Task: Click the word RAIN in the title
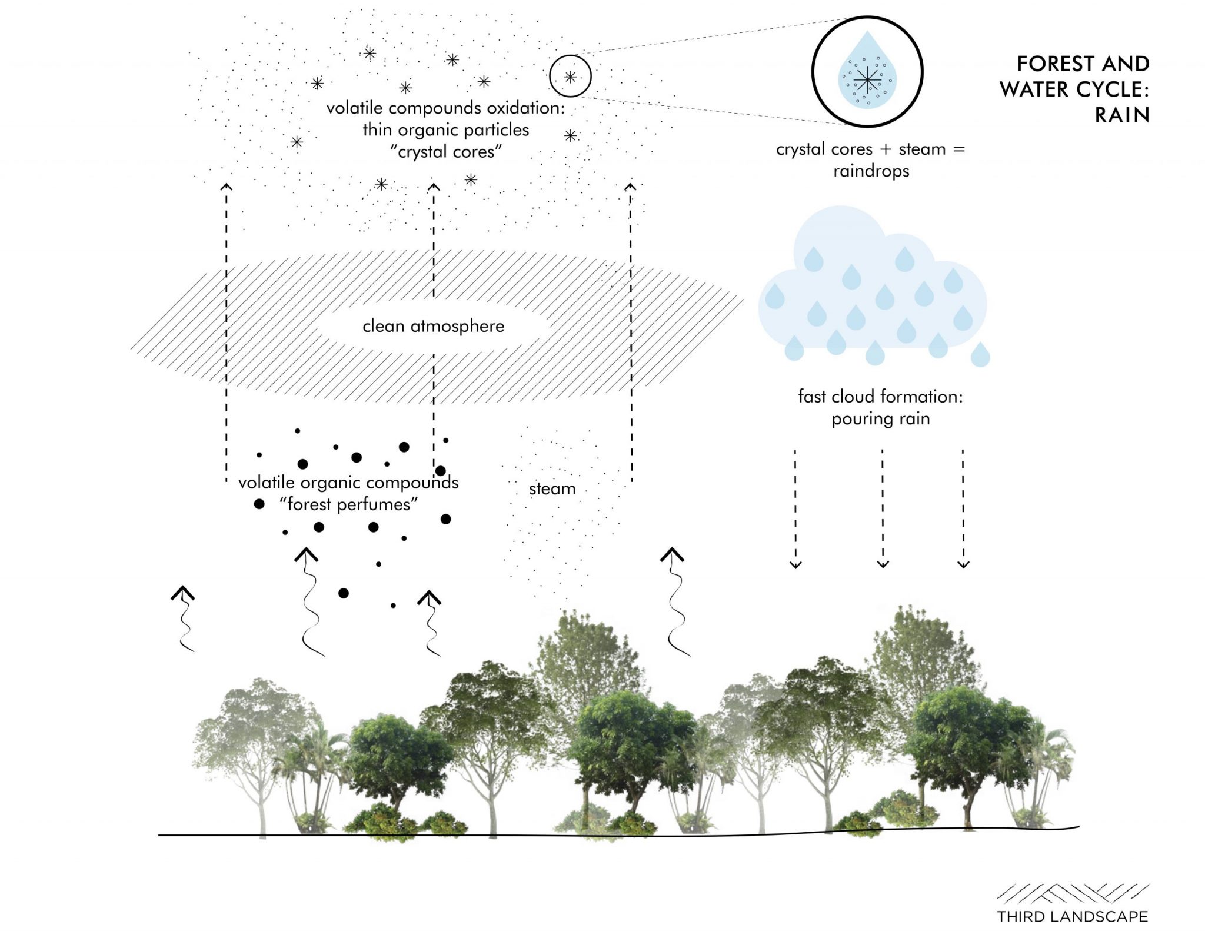pyautogui.click(x=1121, y=115)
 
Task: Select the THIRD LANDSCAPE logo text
pyautogui.click(x=1072, y=916)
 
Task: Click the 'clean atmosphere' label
pyautogui.click(x=433, y=326)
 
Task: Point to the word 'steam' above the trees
pyautogui.click(x=552, y=488)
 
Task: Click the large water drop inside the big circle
pyautogui.click(x=867, y=73)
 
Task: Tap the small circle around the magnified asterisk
pyautogui.click(x=570, y=76)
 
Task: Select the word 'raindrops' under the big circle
pyautogui.click(x=871, y=171)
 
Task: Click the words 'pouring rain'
pyautogui.click(x=880, y=419)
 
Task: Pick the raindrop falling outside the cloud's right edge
pyautogui.click(x=980, y=355)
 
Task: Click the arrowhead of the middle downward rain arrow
pyautogui.click(x=883, y=564)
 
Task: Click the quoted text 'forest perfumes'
pyautogui.click(x=349, y=504)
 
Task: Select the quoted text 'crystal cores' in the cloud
pyautogui.click(x=446, y=152)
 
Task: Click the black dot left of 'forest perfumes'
pyautogui.click(x=259, y=504)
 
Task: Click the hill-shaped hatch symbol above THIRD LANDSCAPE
pyautogui.click(x=1072, y=893)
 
